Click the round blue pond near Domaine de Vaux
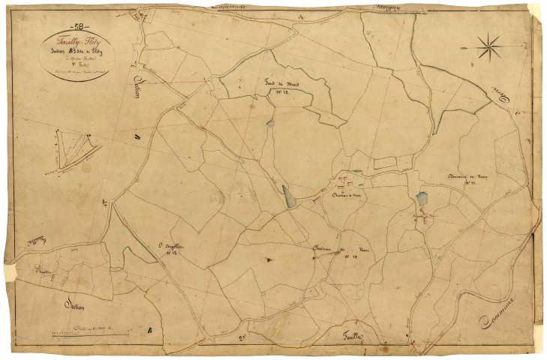(x=421, y=199)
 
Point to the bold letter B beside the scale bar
(x=151, y=330)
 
